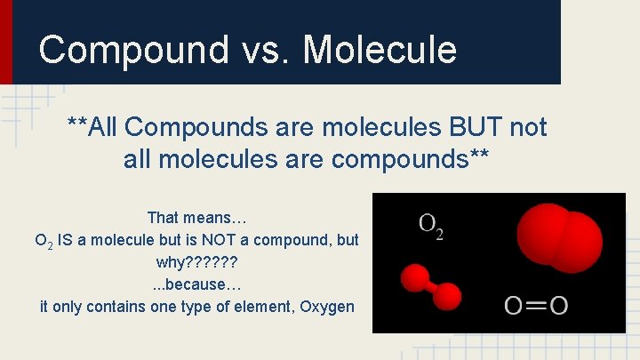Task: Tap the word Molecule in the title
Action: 380,50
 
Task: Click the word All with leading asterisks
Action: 93,128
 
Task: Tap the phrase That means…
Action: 196,218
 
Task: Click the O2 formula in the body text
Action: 43,241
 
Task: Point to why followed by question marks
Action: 196,263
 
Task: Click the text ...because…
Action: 196,285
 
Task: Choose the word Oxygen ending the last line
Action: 326,308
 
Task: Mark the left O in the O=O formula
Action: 514,307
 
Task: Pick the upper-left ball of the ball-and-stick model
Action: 415,276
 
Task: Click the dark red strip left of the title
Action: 6,42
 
